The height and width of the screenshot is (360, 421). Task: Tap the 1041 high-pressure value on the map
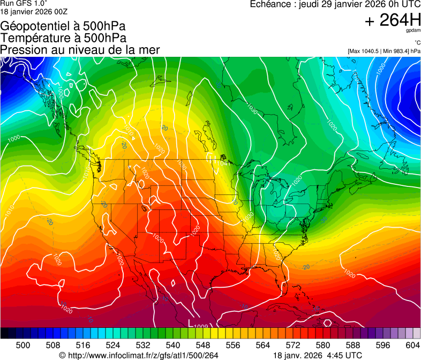[x=225, y=164]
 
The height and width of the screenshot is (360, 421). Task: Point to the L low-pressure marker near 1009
[x=191, y=322]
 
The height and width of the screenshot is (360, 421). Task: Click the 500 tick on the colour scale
[x=23, y=345]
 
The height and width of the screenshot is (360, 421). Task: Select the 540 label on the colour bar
[x=172, y=345]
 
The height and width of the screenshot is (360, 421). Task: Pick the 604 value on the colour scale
[x=412, y=345]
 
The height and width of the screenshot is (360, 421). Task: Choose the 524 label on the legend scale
[x=112, y=345]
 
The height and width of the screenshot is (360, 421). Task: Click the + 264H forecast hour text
[x=392, y=20]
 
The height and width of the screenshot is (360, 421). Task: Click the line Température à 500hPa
[x=63, y=37]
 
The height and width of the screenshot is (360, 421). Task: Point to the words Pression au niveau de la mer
[x=80, y=50]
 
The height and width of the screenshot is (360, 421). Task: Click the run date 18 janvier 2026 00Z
[x=34, y=11]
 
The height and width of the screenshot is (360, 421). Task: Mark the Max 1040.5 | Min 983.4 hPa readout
[x=384, y=51]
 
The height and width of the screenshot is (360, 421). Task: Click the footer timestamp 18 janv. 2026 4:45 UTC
[x=318, y=355]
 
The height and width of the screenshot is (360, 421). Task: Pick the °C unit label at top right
[x=417, y=43]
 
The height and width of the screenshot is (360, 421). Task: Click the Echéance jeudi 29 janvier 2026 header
[x=335, y=4]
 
